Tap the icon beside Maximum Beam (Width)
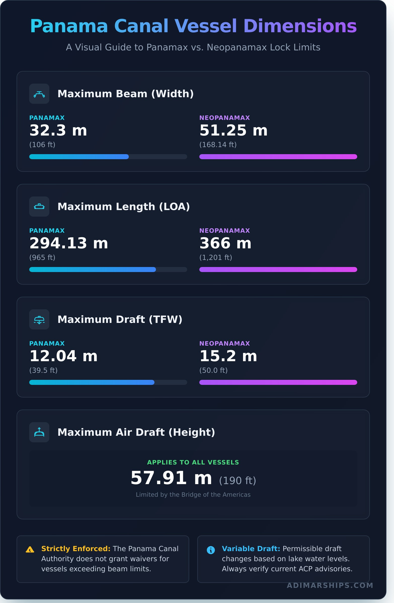pos(39,94)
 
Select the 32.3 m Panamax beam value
pos(58,130)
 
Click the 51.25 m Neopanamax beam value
pos(233,130)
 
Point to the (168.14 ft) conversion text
pos(218,145)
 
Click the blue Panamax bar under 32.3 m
pos(79,157)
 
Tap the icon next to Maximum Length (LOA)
pos(39,207)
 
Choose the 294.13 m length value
pos(69,243)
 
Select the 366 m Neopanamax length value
pos(225,243)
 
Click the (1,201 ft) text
pos(216,257)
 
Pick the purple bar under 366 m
pos(278,269)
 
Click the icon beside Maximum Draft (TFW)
pos(39,319)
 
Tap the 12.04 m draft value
pos(63,356)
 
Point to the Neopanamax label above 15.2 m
pos(224,343)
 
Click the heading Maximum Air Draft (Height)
pos(136,432)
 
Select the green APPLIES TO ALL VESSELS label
pos(193,462)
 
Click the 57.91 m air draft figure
pos(171,478)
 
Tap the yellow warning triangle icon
pos(30,550)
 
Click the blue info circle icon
pos(211,550)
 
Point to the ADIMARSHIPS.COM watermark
pos(330,585)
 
